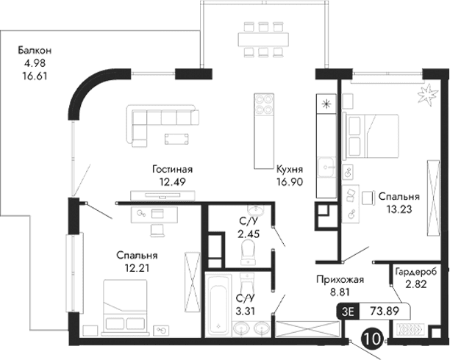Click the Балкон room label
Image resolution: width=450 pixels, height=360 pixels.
(x=35, y=51)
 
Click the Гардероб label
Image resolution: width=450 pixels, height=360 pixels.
(x=418, y=271)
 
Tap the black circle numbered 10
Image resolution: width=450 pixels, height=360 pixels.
(x=373, y=340)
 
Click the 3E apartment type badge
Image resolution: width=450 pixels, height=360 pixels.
(x=348, y=311)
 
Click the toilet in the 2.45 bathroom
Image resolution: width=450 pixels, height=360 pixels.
(x=248, y=252)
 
